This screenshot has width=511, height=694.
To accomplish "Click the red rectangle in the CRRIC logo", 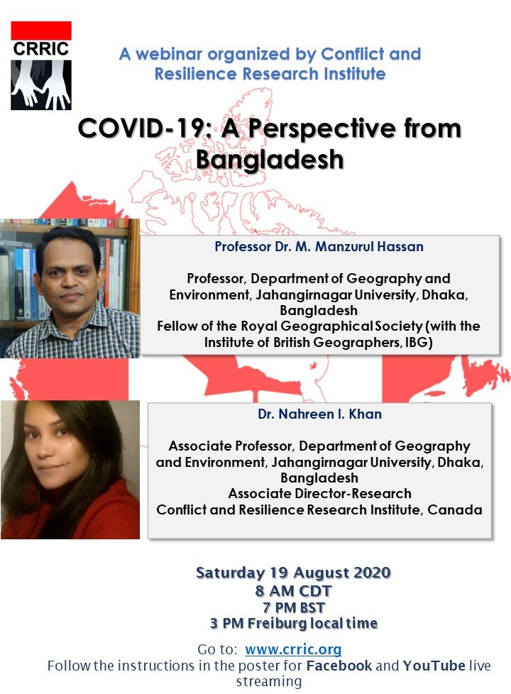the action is pyautogui.click(x=41, y=30).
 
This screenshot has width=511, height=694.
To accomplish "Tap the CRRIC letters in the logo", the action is pyautogui.click(x=41, y=49).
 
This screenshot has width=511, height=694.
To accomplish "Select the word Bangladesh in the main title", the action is pyautogui.click(x=270, y=160).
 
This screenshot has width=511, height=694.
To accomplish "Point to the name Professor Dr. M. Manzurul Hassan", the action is pyautogui.click(x=319, y=246).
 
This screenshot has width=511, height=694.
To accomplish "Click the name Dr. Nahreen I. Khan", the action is pyautogui.click(x=319, y=414).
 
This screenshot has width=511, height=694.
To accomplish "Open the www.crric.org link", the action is pyautogui.click(x=293, y=649).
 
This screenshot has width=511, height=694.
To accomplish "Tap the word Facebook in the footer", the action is pyautogui.click(x=339, y=666).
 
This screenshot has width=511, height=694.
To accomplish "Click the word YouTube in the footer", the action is pyautogui.click(x=434, y=666).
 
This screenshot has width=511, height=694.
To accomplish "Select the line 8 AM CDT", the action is pyautogui.click(x=293, y=591).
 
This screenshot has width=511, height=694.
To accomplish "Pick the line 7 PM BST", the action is pyautogui.click(x=294, y=607).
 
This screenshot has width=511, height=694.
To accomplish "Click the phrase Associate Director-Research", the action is pyautogui.click(x=319, y=493).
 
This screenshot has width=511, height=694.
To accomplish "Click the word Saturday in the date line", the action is pyautogui.click(x=230, y=573).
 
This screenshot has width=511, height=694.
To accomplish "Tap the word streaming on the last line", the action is pyautogui.click(x=269, y=682).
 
